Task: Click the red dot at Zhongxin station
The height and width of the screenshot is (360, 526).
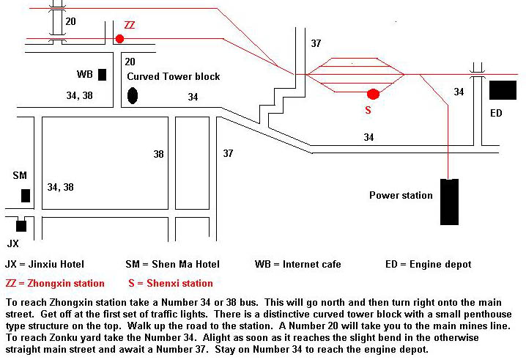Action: pyautogui.click(x=119, y=38)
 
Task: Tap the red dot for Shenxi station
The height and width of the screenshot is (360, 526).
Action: pyautogui.click(x=373, y=94)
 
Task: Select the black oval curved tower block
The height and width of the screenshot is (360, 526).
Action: pyautogui.click(x=133, y=95)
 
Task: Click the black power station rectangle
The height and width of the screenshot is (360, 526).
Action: pyautogui.click(x=449, y=202)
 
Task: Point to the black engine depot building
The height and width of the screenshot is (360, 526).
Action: pyautogui.click(x=503, y=90)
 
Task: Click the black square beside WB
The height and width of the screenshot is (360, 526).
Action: pyautogui.click(x=103, y=74)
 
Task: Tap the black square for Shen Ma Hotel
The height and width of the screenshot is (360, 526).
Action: pyautogui.click(x=26, y=195)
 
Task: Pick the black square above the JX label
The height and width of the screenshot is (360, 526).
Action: pyautogui.click(x=21, y=226)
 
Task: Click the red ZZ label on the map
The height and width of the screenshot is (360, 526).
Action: pyautogui.click(x=130, y=25)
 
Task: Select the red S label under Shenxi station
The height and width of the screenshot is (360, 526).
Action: pyautogui.click(x=368, y=111)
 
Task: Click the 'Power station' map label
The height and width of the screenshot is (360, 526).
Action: pyautogui.click(x=401, y=196)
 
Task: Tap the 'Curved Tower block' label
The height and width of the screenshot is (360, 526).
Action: pyautogui.click(x=174, y=76)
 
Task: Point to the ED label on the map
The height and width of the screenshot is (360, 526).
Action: pyautogui.click(x=496, y=113)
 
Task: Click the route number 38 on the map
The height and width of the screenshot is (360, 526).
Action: pyautogui.click(x=159, y=154)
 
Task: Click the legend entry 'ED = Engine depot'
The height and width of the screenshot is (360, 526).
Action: pyautogui.click(x=428, y=264)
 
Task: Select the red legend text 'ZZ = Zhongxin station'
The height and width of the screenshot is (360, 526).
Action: pyautogui.click(x=55, y=283)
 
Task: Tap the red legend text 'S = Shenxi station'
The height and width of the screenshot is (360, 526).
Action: pyautogui.click(x=170, y=283)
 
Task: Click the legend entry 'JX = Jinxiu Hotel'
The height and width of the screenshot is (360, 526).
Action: pyautogui.click(x=45, y=264)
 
